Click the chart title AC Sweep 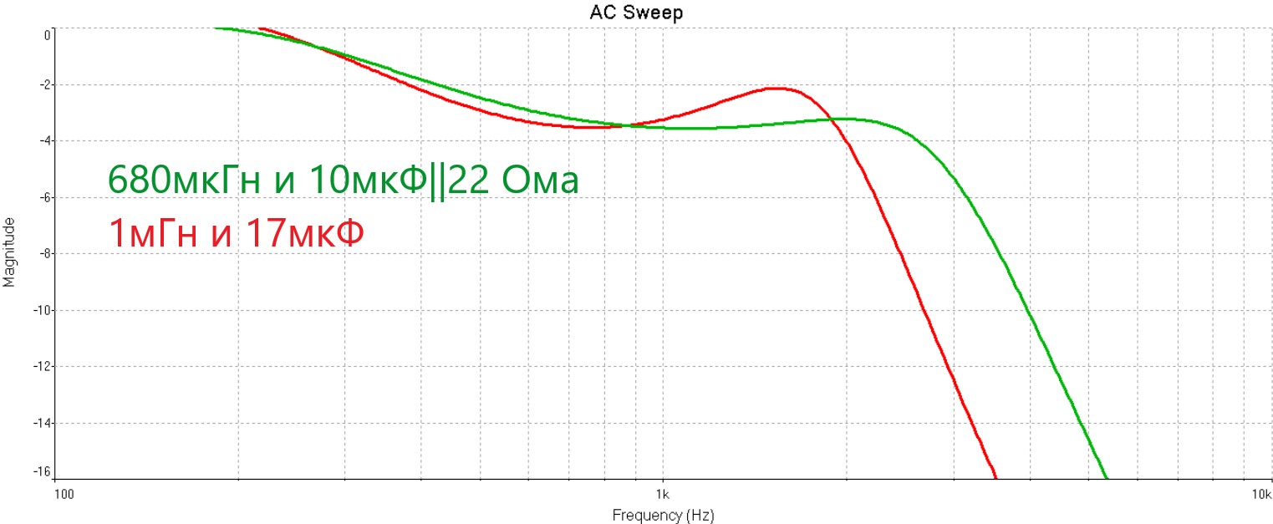636,13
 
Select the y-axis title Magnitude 9,252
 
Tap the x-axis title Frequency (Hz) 663,515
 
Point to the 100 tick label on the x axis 64,494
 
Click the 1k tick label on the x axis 663,494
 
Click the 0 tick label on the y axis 48,35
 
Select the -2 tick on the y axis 43,85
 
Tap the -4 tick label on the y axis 43,141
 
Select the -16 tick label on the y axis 41,472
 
